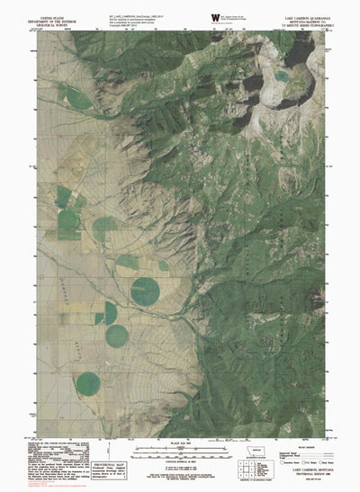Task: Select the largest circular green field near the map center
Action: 146,291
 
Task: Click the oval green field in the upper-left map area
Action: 77,100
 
